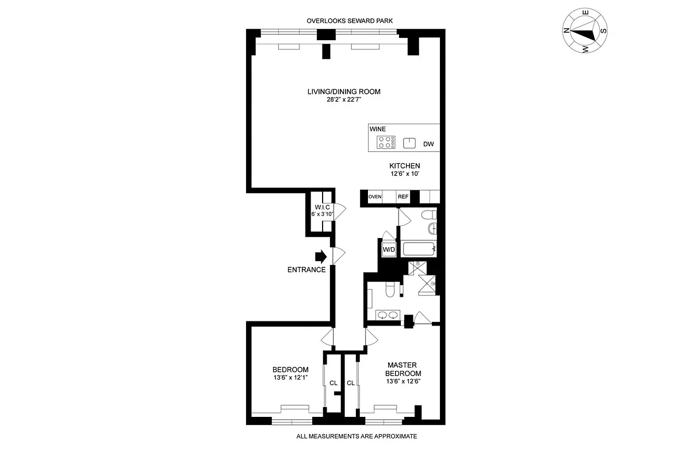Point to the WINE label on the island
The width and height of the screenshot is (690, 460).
pos(378,130)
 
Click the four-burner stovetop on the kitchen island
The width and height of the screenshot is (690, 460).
pos(385,143)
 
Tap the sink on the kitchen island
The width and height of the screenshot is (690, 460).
pos(409,143)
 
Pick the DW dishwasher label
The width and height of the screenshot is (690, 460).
pos(428,144)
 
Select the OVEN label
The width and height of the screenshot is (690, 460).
pos(375,197)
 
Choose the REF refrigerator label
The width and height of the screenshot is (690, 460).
pos(403,197)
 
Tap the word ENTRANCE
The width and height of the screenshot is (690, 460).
pos(306,270)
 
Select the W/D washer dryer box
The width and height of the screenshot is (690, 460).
pos(389,250)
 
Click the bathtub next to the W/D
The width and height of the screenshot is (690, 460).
pos(418,250)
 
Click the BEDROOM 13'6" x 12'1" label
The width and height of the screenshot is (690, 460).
pos(290,373)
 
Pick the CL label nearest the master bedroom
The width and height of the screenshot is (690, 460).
pos(350,382)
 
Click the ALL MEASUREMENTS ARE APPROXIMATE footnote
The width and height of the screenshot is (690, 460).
pos(356,436)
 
